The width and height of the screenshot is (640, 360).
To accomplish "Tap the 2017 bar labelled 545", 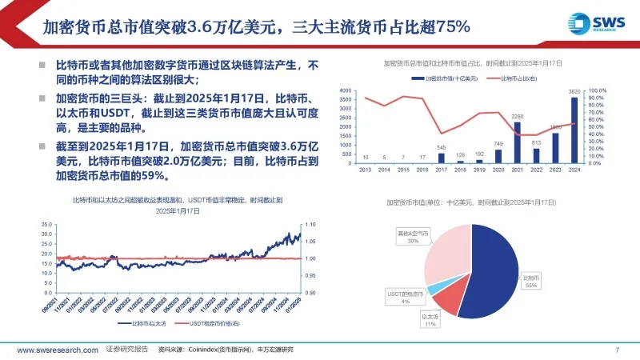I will (x=441, y=158).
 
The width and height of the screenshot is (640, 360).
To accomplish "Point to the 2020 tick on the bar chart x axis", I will (x=498, y=170).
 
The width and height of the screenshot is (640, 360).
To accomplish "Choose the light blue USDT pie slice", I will (x=436, y=290).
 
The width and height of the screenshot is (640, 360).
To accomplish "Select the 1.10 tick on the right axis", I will (x=311, y=226).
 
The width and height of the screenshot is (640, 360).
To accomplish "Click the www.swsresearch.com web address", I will (x=56, y=350).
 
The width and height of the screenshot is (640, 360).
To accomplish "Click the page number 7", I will (x=617, y=350).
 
